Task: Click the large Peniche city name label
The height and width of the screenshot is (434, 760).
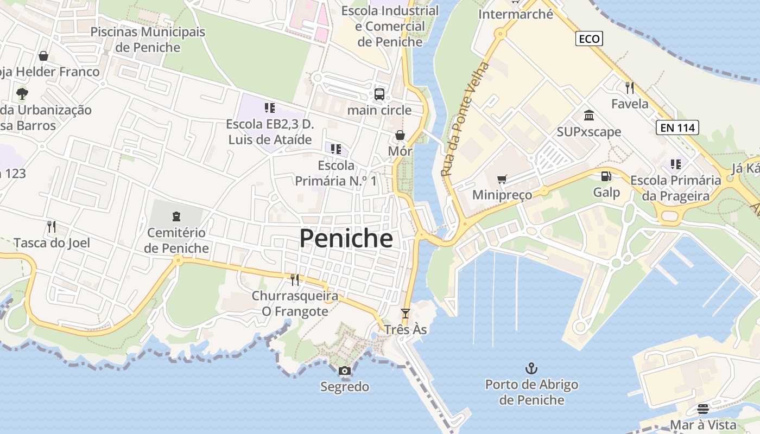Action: pos(346,239)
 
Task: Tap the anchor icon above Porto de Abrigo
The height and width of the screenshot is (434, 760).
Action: pos(531,369)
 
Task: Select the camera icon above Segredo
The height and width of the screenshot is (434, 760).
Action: pos(344,371)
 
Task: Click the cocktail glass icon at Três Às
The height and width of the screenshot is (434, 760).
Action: pos(405,314)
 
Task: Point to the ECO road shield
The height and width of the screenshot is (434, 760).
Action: pos(589,39)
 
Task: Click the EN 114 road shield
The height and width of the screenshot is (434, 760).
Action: pos(677,128)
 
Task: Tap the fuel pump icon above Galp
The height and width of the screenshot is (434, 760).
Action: pos(606,176)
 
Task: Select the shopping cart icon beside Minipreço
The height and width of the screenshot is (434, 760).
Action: pos(502,179)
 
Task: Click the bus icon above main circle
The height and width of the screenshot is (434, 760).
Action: pos(379,94)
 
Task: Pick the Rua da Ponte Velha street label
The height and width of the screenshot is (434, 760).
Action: pos(465,119)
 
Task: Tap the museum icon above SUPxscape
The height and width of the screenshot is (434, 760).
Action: pos(589,115)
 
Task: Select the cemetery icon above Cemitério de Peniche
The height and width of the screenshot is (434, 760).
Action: pos(176,216)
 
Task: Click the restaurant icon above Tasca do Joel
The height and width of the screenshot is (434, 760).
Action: pos(52,226)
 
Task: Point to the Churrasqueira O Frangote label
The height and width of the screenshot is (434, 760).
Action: pos(295,304)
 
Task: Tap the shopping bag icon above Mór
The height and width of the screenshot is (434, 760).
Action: pos(400,135)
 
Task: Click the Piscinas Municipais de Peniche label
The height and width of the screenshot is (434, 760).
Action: pos(148,39)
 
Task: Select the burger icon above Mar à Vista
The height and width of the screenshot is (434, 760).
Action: pos(703,409)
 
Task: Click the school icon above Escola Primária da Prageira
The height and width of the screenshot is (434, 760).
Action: pos(675,164)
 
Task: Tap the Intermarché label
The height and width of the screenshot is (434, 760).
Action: pos(515,14)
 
